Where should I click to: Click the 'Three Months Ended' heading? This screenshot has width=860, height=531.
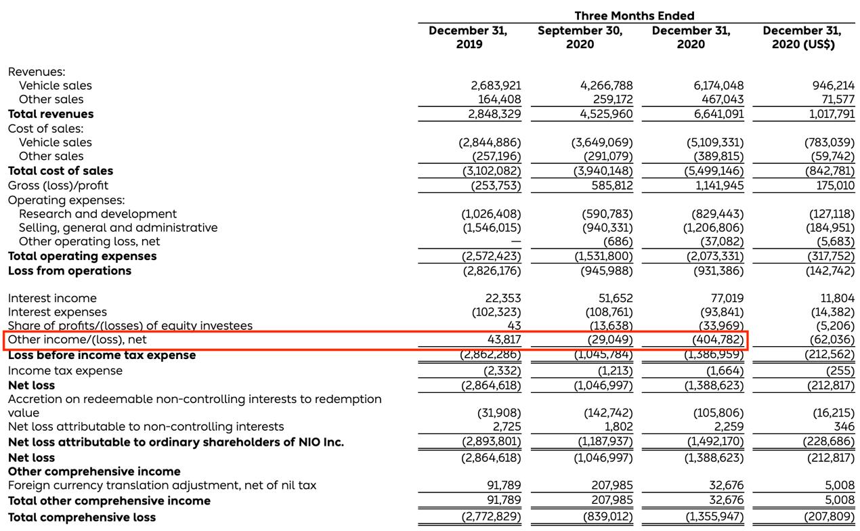point(634,16)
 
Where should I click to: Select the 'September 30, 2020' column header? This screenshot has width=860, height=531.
point(580,38)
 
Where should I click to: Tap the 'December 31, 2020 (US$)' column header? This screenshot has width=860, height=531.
point(802,38)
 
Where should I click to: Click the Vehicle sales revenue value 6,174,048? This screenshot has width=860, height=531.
point(709,85)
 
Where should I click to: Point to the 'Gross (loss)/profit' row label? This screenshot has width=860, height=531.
point(58,185)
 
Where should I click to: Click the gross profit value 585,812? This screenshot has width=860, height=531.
point(607,185)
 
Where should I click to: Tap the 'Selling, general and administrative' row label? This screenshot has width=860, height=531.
point(119,228)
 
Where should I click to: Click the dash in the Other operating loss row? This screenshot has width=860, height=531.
point(516,242)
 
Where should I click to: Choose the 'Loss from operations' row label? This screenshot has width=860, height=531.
point(70,270)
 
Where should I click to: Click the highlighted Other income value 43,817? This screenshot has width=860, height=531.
point(504,339)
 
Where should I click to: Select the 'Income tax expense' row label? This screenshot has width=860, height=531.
point(66,370)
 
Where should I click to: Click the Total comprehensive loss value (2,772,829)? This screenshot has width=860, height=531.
point(491,517)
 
